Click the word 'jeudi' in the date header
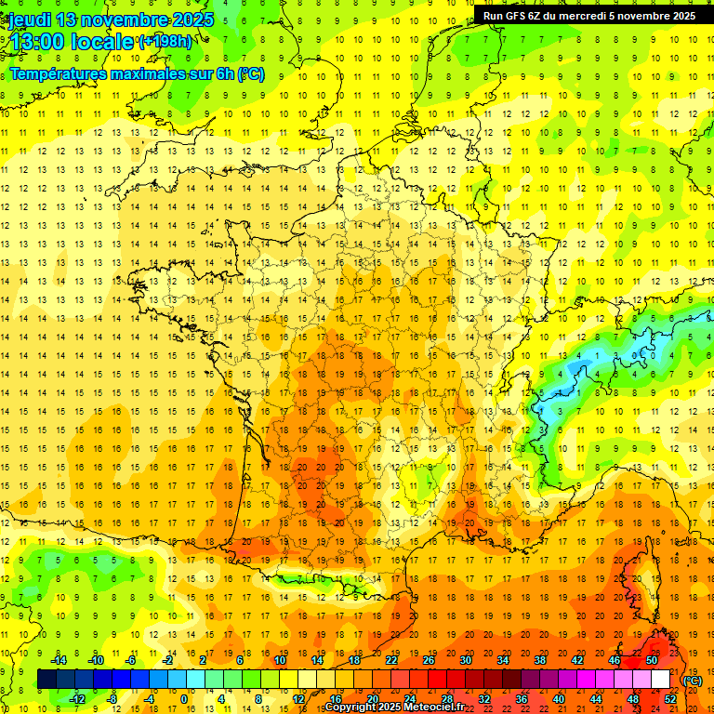click(x=29, y=19)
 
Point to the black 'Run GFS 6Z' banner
click(x=589, y=15)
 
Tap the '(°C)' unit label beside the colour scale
click(x=693, y=681)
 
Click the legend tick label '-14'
click(x=60, y=660)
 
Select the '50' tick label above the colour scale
click(x=651, y=660)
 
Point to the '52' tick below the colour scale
click(x=670, y=699)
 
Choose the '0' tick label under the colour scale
click(x=184, y=699)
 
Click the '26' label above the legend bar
click(x=429, y=660)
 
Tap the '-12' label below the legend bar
click(x=78, y=699)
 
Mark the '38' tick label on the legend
click(x=539, y=660)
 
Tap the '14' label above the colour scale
click(x=317, y=660)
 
